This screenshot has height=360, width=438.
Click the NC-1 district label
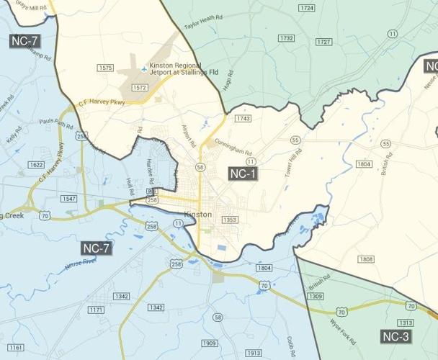click(243, 174)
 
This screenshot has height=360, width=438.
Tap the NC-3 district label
click(395, 336)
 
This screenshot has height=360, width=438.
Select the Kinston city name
click(198, 215)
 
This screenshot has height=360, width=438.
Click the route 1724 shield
click(307, 8)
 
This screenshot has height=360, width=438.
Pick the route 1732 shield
click(287, 38)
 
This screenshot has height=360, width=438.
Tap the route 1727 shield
click(323, 42)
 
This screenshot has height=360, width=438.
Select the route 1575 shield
click(105, 68)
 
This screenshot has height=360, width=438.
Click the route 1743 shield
click(243, 118)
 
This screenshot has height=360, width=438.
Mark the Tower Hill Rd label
click(292, 167)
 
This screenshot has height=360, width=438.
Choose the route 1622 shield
click(36, 165)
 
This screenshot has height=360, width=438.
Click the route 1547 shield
click(69, 198)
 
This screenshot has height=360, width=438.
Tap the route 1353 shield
click(230, 220)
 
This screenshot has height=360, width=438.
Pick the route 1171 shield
click(96, 310)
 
